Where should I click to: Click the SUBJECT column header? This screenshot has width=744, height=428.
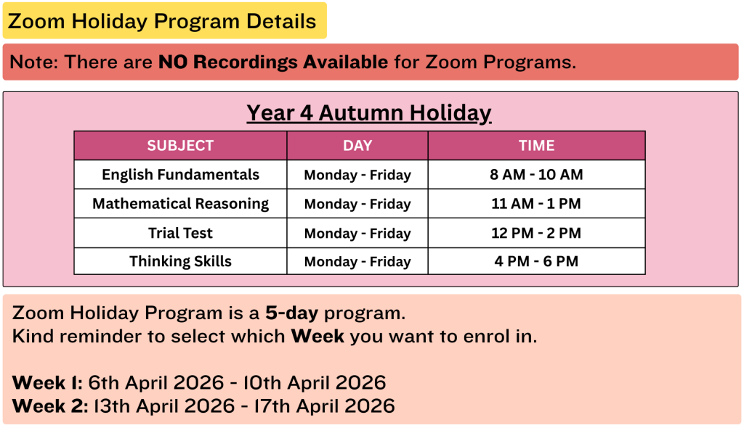[x=180, y=146]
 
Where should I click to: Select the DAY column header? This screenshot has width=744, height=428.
[x=357, y=146]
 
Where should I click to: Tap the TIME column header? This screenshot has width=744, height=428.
[x=537, y=146]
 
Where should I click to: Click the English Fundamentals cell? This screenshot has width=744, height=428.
[x=180, y=174]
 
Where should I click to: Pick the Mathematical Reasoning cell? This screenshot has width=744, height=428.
[x=180, y=204]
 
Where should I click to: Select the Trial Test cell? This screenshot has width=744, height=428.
[x=180, y=233]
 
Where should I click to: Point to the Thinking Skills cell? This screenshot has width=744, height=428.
[x=180, y=261]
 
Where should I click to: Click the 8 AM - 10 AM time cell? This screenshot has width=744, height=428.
[x=537, y=174]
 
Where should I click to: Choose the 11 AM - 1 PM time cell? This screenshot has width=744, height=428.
[x=536, y=204]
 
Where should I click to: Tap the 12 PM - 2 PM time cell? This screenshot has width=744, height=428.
[x=536, y=233]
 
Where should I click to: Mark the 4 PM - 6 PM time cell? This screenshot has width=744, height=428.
[x=536, y=261]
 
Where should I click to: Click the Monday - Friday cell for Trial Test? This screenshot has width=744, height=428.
[x=357, y=233]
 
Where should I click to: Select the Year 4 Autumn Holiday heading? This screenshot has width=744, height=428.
[x=369, y=114]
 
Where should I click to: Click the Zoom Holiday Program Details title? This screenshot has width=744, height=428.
[x=162, y=21]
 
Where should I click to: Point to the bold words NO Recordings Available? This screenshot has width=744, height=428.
[x=273, y=62]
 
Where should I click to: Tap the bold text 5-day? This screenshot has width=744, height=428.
[x=292, y=313]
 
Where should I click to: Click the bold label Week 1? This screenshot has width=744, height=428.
[x=47, y=382]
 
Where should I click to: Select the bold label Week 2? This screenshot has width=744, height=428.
[x=50, y=406]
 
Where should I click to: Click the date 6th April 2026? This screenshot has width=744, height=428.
[x=156, y=382]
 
